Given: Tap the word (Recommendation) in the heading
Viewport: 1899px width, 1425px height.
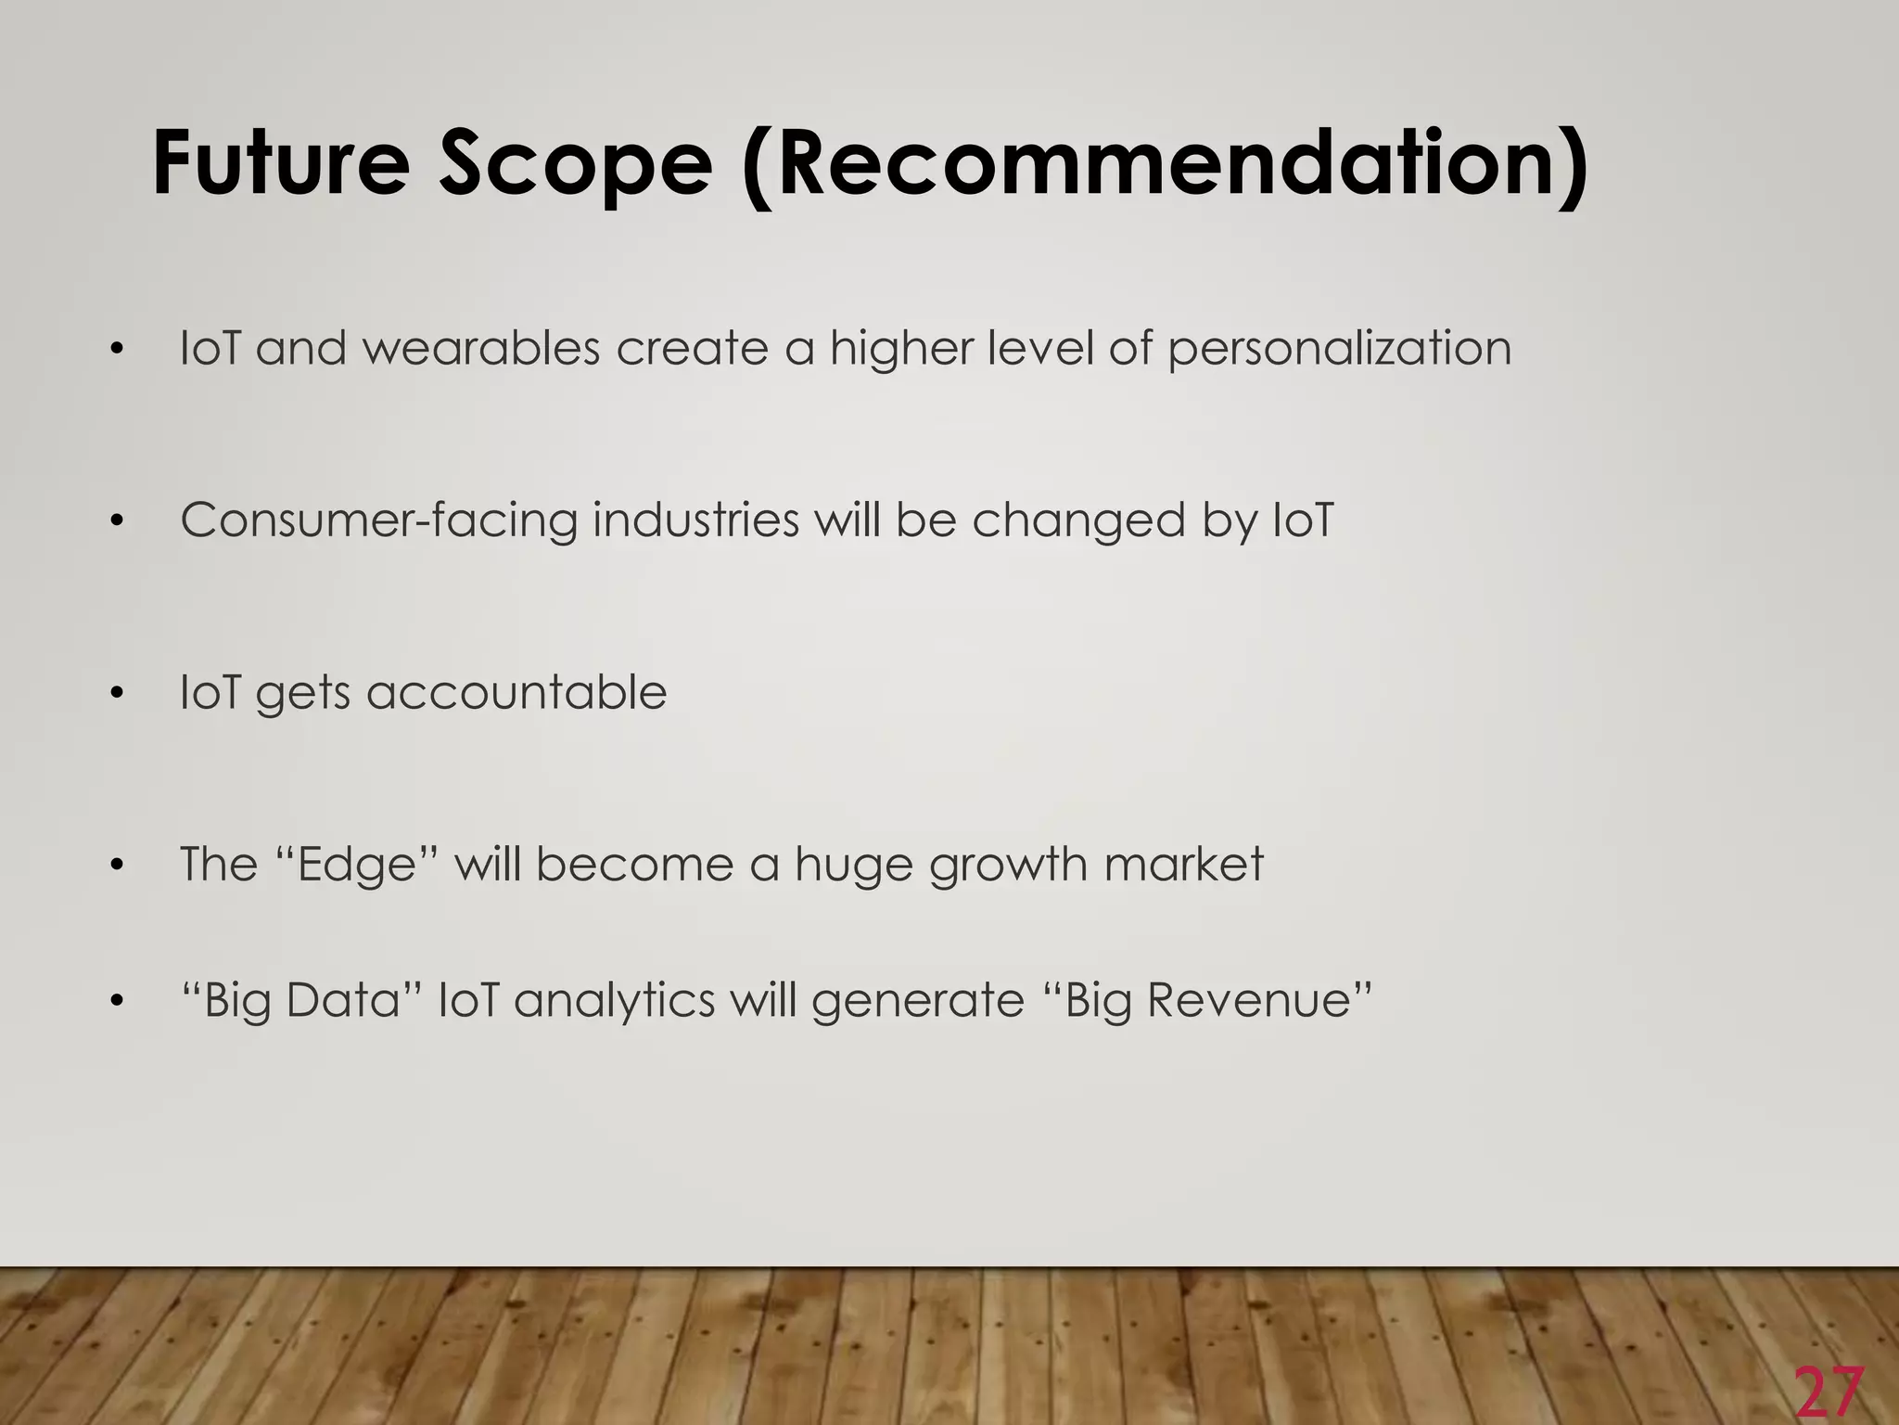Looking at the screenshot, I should pyautogui.click(x=1165, y=165).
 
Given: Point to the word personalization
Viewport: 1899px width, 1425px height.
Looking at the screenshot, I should pyautogui.click(x=1339, y=350).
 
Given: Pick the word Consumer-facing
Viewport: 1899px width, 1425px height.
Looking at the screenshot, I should pyautogui.click(x=378, y=520).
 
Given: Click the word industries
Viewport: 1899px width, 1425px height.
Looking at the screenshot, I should pyautogui.click(x=695, y=520).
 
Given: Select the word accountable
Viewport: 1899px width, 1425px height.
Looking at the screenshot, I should pyautogui.click(x=516, y=693).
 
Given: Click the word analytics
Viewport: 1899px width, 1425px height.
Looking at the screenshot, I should pyautogui.click(x=614, y=1001).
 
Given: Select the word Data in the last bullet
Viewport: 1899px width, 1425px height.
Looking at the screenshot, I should pyautogui.click(x=341, y=1000).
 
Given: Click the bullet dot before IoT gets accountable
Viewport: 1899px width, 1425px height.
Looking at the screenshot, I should pyautogui.click(x=115, y=693).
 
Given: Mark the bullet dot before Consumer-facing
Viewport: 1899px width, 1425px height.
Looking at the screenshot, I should pyautogui.click(x=115, y=520).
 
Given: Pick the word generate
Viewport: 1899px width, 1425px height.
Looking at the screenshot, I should pyautogui.click(x=918, y=1001).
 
